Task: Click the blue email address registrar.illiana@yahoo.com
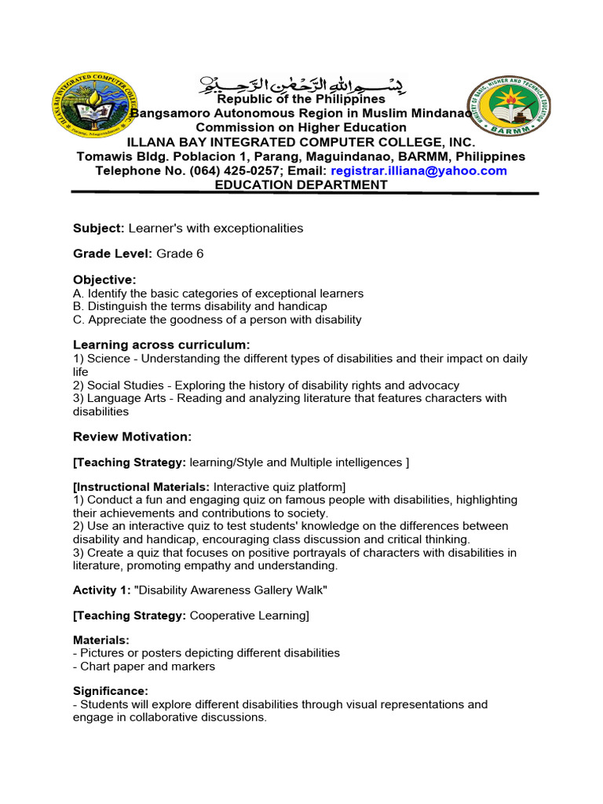coord(418,170)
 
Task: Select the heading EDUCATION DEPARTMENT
coord(301,185)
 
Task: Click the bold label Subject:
coord(99,228)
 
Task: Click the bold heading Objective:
coord(104,280)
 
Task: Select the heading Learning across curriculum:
coord(162,345)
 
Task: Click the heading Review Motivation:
coord(132,436)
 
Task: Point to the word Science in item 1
coord(109,358)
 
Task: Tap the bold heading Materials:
coord(101,641)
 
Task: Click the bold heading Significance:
coord(110,691)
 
